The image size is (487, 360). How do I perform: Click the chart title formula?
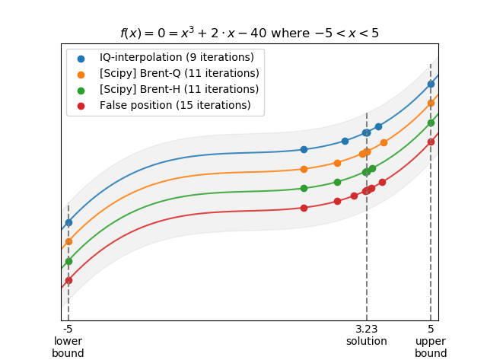(x=249, y=33)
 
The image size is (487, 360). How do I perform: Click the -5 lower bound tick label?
(x=68, y=330)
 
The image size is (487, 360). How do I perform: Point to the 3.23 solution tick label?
(x=367, y=330)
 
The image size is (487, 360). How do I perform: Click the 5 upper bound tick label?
(x=431, y=330)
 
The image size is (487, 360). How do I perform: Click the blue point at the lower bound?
(x=68, y=223)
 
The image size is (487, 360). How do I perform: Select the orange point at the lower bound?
(x=68, y=242)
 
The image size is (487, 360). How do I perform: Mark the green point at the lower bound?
(x=68, y=261)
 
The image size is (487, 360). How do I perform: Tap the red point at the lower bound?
(x=68, y=280)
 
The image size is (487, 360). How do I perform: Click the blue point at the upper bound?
(x=431, y=84)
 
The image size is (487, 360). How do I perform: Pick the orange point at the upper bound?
(x=431, y=103)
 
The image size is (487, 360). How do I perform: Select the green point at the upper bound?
(x=431, y=123)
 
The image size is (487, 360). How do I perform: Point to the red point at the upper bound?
(x=431, y=142)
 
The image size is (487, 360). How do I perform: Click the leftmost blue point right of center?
(x=304, y=149)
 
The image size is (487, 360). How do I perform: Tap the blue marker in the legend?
(x=81, y=58)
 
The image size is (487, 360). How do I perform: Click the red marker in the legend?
(x=81, y=105)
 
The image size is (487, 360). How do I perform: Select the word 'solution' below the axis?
(x=367, y=342)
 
